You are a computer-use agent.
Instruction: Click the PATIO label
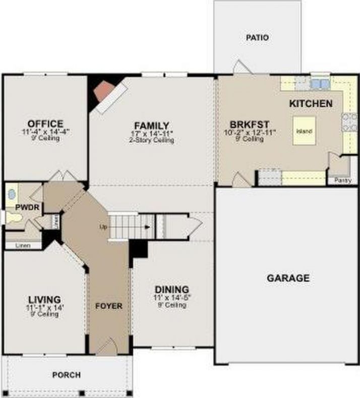257,37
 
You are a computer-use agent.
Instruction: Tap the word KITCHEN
311,104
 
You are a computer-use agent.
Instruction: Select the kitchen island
304,131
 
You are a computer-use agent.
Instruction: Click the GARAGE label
288,278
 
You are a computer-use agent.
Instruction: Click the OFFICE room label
45,124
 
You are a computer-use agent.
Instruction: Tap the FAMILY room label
151,125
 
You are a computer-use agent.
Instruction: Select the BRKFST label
249,124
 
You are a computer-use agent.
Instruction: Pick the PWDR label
23,207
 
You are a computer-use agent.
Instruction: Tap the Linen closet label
22,245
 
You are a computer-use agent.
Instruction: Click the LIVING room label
44,299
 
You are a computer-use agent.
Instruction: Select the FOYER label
109,306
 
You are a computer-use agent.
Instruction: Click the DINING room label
172,290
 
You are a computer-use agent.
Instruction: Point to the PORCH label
66,375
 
